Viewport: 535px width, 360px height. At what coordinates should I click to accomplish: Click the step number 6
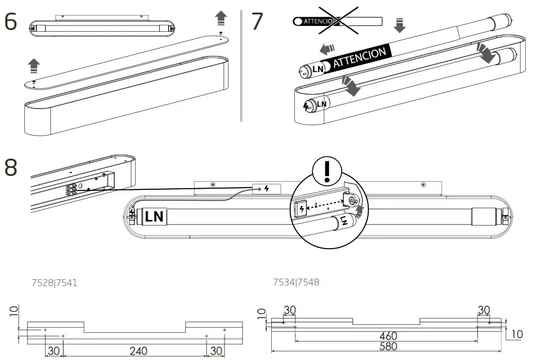pyautogui.click(x=10, y=22)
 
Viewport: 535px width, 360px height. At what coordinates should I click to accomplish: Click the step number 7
pyautogui.click(x=257, y=22)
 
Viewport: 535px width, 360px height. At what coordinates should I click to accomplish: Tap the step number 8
pyautogui.click(x=10, y=168)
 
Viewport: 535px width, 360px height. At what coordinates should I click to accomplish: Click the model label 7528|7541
pyautogui.click(x=54, y=283)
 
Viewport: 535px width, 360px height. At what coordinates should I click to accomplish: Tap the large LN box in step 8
pyautogui.click(x=154, y=216)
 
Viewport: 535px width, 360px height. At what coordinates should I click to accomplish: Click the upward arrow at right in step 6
pyautogui.click(x=221, y=18)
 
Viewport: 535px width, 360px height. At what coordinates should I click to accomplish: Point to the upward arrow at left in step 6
pyautogui.click(x=34, y=65)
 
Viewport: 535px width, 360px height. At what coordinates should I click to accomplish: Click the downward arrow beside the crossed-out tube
pyautogui.click(x=399, y=25)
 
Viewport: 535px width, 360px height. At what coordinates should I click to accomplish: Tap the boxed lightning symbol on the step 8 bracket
pyautogui.click(x=266, y=189)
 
